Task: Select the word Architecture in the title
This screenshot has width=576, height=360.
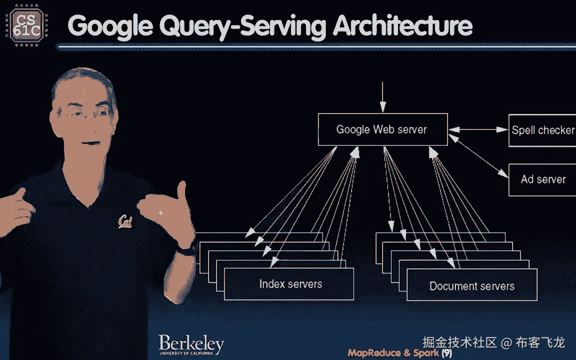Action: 402,26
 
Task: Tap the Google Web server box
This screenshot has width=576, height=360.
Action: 382,129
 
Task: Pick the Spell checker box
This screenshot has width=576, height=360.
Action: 542,130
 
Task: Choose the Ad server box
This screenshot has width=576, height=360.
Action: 543,179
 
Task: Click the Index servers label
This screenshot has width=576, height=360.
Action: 290,284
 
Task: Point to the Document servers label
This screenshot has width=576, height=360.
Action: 472,286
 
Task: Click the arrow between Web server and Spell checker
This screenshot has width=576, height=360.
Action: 477,130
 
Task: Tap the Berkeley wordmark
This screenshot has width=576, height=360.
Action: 191,344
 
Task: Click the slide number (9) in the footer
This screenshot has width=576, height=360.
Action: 446,352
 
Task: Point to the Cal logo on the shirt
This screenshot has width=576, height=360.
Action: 125,220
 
